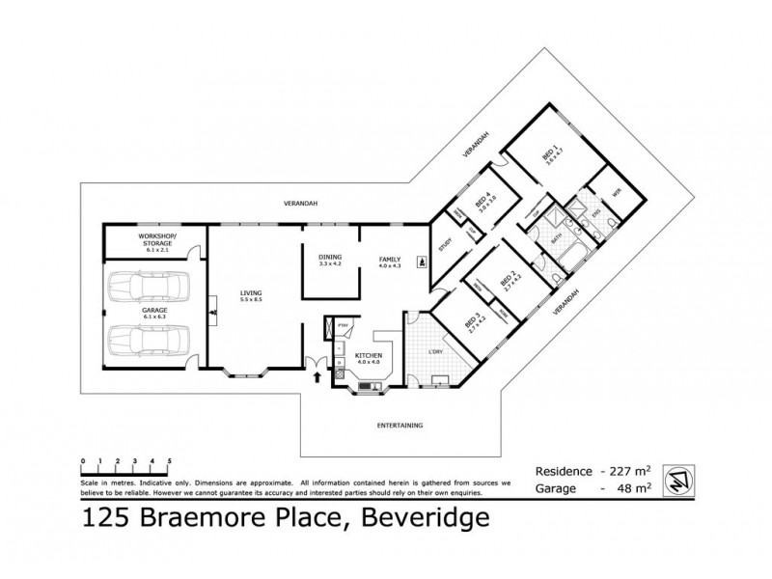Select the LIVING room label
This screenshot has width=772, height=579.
click(x=252, y=296)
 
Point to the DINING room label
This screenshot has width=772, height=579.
click(x=330, y=260)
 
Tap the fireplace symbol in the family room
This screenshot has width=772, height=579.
click(x=421, y=261)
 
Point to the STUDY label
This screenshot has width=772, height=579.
click(x=446, y=245)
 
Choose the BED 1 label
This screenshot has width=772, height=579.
click(x=548, y=156)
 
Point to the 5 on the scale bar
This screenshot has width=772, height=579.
click(x=170, y=460)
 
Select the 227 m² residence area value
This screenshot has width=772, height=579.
click(x=624, y=471)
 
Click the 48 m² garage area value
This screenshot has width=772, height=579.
click(x=630, y=489)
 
